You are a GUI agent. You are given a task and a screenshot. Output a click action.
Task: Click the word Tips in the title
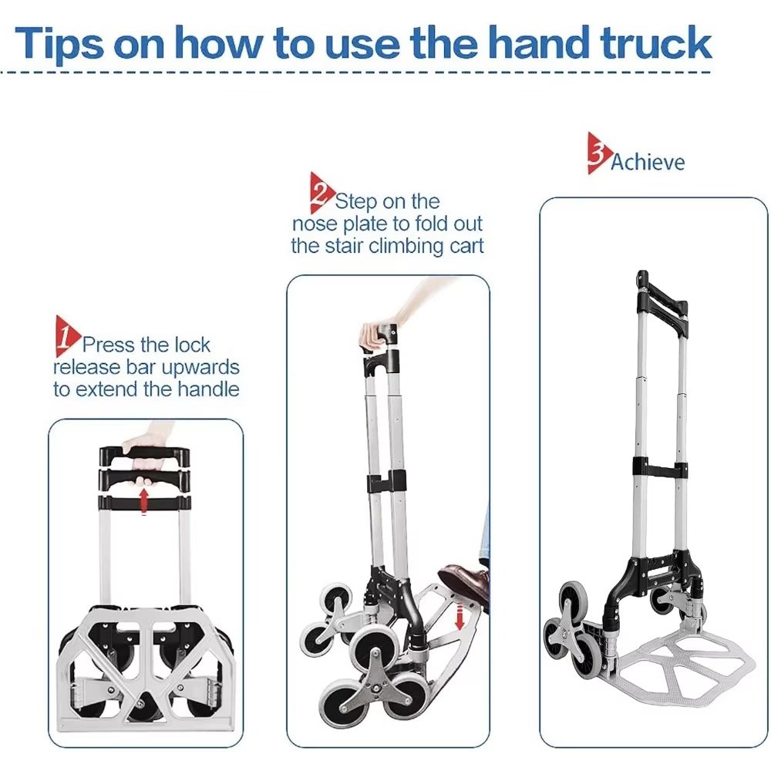click(x=60, y=42)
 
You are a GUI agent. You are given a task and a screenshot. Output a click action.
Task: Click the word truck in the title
click(x=656, y=42)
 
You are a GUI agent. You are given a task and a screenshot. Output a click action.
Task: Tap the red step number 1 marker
click(x=66, y=336)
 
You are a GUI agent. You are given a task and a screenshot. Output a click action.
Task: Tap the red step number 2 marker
click(x=321, y=193)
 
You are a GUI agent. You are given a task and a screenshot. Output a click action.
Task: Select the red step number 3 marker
click(x=598, y=153)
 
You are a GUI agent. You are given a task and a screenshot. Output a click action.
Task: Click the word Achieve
click(x=647, y=162)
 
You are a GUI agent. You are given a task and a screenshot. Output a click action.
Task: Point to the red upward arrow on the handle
click(x=143, y=500)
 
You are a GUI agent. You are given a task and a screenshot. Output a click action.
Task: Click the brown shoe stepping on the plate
click(x=464, y=581)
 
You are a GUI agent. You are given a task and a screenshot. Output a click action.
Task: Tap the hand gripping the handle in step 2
click(x=378, y=332)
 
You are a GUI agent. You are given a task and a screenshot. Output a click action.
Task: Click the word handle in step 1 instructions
click(x=208, y=389)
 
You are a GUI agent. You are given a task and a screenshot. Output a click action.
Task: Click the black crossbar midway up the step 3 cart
click(x=660, y=469)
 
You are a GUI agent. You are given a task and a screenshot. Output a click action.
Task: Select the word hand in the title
click(x=539, y=42)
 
